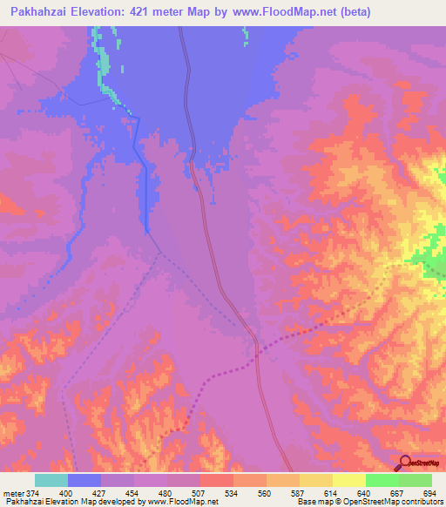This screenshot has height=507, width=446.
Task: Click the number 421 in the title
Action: [x=149, y=12]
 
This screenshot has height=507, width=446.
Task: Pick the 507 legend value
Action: [x=199, y=493]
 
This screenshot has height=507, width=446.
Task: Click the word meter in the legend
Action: [x=12, y=493]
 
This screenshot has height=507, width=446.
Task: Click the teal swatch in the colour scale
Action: [x=51, y=480]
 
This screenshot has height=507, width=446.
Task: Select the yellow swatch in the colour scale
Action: [x=315, y=480]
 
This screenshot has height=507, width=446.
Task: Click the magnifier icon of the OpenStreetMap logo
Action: [x=403, y=463]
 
